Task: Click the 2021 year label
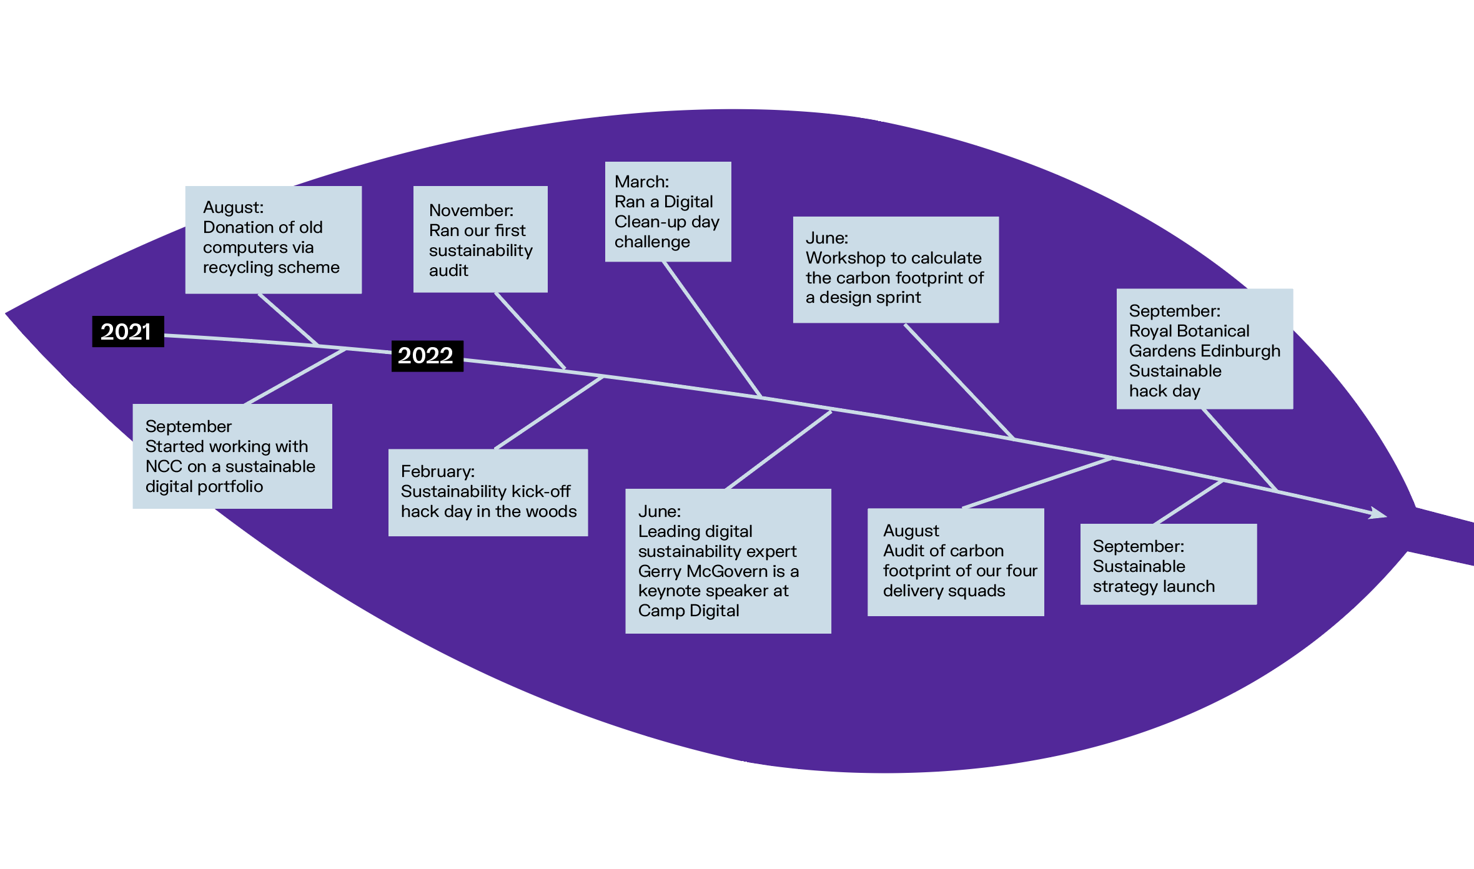pyautogui.click(x=128, y=331)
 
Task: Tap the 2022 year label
pyautogui.click(x=427, y=356)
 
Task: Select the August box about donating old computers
pyautogui.click(x=274, y=240)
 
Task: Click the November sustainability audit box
pyautogui.click(x=480, y=239)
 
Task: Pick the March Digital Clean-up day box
pyautogui.click(x=668, y=212)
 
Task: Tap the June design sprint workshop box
pyautogui.click(x=896, y=270)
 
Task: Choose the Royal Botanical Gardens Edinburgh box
pyautogui.click(x=1204, y=349)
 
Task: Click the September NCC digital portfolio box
pyautogui.click(x=232, y=456)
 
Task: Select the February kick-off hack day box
pyautogui.click(x=488, y=493)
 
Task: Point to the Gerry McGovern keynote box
pyautogui.click(x=728, y=561)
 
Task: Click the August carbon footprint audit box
pyautogui.click(x=956, y=562)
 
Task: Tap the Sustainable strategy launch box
pyautogui.click(x=1168, y=564)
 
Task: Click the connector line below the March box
pyautogui.click(x=712, y=329)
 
